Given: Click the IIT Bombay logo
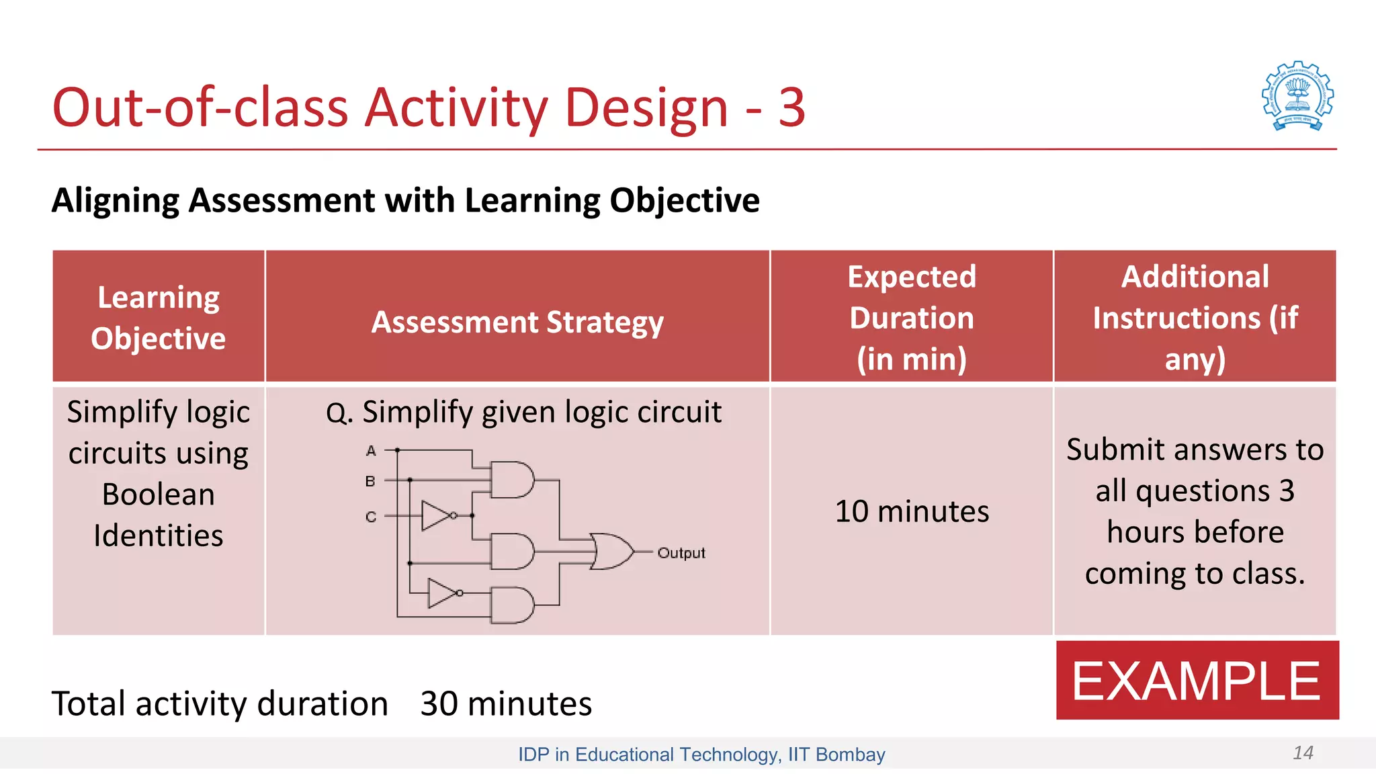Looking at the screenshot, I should tap(1297, 96).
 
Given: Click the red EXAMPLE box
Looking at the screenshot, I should tap(1197, 680).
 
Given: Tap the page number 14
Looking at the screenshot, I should tap(1303, 752).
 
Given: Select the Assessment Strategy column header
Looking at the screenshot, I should tap(517, 322).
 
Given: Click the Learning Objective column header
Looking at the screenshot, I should tap(159, 317).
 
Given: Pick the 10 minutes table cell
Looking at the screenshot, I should tap(912, 511).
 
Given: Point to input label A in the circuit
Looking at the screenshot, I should tap(371, 451).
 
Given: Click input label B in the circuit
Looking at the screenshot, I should tap(370, 481).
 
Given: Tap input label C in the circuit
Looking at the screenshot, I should tap(371, 517).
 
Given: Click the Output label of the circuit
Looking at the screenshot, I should tap(681, 553).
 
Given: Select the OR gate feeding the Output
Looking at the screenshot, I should tap(611, 552).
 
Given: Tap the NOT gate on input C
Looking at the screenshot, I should tap(437, 515).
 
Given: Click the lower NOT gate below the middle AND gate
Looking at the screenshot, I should tap(443, 593).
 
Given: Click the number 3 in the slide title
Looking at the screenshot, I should tap(791, 107).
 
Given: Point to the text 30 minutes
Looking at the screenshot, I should tap(506, 703).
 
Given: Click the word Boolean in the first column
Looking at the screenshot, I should tap(159, 494).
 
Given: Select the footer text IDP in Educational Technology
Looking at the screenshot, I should tap(648, 755).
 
